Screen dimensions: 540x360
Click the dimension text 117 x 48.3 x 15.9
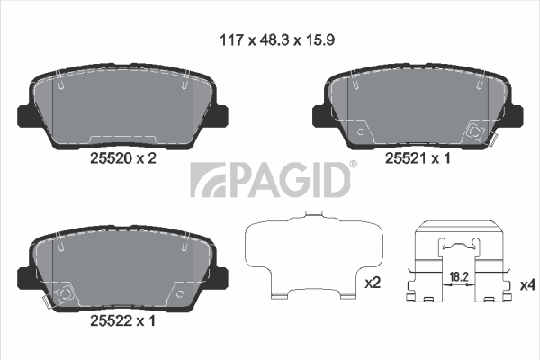point(277,40)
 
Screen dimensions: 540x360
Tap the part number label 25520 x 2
point(123,158)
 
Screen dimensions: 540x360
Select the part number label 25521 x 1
point(418,158)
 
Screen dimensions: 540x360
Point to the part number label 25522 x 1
point(122,320)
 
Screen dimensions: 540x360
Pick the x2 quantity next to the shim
point(373,283)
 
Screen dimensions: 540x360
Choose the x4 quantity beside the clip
point(527,285)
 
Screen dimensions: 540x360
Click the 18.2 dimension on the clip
point(459,276)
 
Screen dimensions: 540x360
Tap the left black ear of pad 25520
point(24,116)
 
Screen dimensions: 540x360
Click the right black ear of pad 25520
point(220,116)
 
